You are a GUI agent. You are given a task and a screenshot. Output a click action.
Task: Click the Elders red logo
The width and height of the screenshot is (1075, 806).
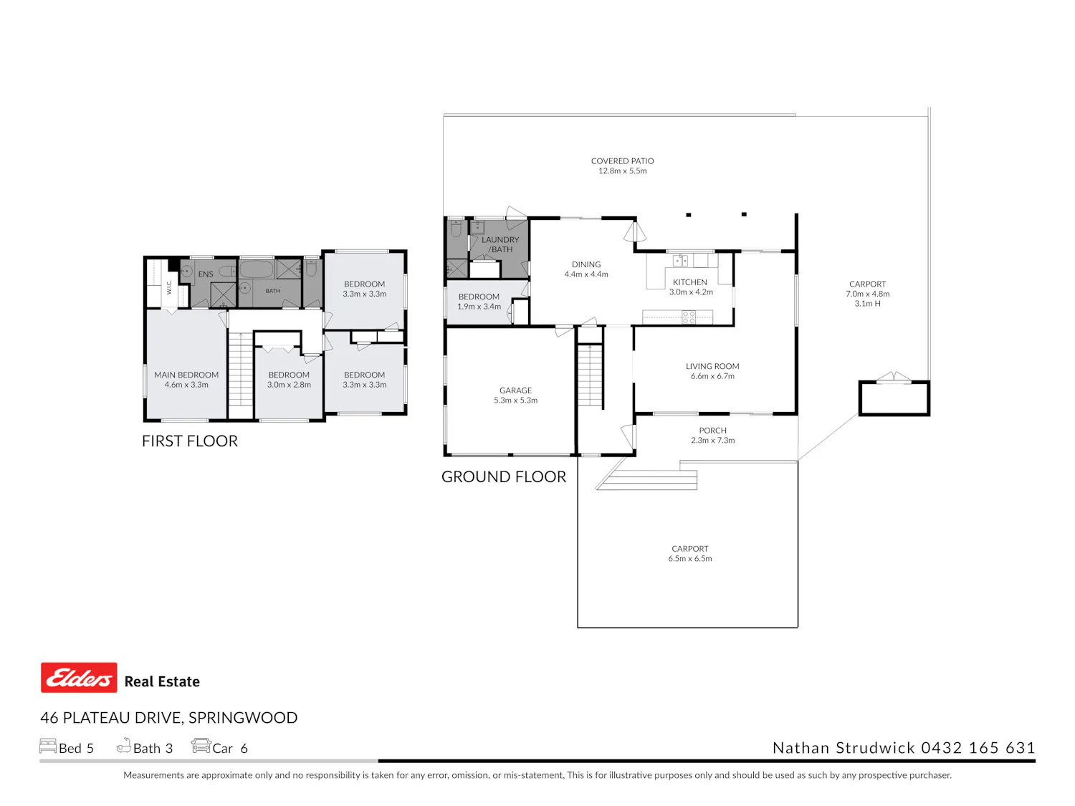[x=78, y=677]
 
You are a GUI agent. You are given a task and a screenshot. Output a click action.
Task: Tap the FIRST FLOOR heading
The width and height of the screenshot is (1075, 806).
[x=189, y=441]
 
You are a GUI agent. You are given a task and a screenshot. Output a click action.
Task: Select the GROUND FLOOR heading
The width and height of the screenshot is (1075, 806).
[x=504, y=476]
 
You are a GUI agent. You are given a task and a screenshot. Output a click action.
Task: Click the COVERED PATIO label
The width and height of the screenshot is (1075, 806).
[x=622, y=161]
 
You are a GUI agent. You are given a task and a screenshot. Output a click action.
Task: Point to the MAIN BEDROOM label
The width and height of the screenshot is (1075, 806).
[x=186, y=375]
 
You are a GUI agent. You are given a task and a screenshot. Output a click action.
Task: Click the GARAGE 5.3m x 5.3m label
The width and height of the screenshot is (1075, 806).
[x=515, y=395]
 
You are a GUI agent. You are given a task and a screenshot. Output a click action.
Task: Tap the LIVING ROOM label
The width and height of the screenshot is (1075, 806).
[x=712, y=366]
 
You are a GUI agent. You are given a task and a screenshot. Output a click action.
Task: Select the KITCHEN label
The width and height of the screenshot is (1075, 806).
[x=689, y=282]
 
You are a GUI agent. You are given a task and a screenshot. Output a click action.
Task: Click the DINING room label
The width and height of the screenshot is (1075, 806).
[x=586, y=264]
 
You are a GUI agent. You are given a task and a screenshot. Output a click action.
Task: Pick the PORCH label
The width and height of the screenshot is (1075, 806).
[x=712, y=430]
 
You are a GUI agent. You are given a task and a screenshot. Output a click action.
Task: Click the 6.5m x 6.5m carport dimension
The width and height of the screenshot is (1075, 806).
[x=689, y=558]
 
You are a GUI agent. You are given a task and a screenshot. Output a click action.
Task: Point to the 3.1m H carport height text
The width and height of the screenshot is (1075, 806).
[x=867, y=303]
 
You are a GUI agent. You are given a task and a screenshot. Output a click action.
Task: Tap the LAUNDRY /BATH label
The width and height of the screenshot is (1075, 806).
[x=500, y=244]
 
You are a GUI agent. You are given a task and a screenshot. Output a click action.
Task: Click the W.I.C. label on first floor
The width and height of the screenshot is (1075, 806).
[x=169, y=287]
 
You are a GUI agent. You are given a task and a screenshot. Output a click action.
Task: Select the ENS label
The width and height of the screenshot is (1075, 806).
[x=205, y=274]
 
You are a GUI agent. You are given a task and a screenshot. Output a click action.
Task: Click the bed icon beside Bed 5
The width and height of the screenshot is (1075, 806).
[x=47, y=745]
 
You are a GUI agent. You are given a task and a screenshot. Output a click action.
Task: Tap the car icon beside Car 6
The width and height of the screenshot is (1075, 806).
[x=201, y=745]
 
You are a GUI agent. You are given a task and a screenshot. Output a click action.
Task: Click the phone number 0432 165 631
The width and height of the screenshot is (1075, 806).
[x=978, y=747]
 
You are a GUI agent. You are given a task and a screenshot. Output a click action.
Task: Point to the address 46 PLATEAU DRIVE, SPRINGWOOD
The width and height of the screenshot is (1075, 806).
[x=168, y=717]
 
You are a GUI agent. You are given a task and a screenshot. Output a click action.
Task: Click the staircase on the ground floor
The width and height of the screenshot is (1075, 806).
[x=590, y=375]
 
